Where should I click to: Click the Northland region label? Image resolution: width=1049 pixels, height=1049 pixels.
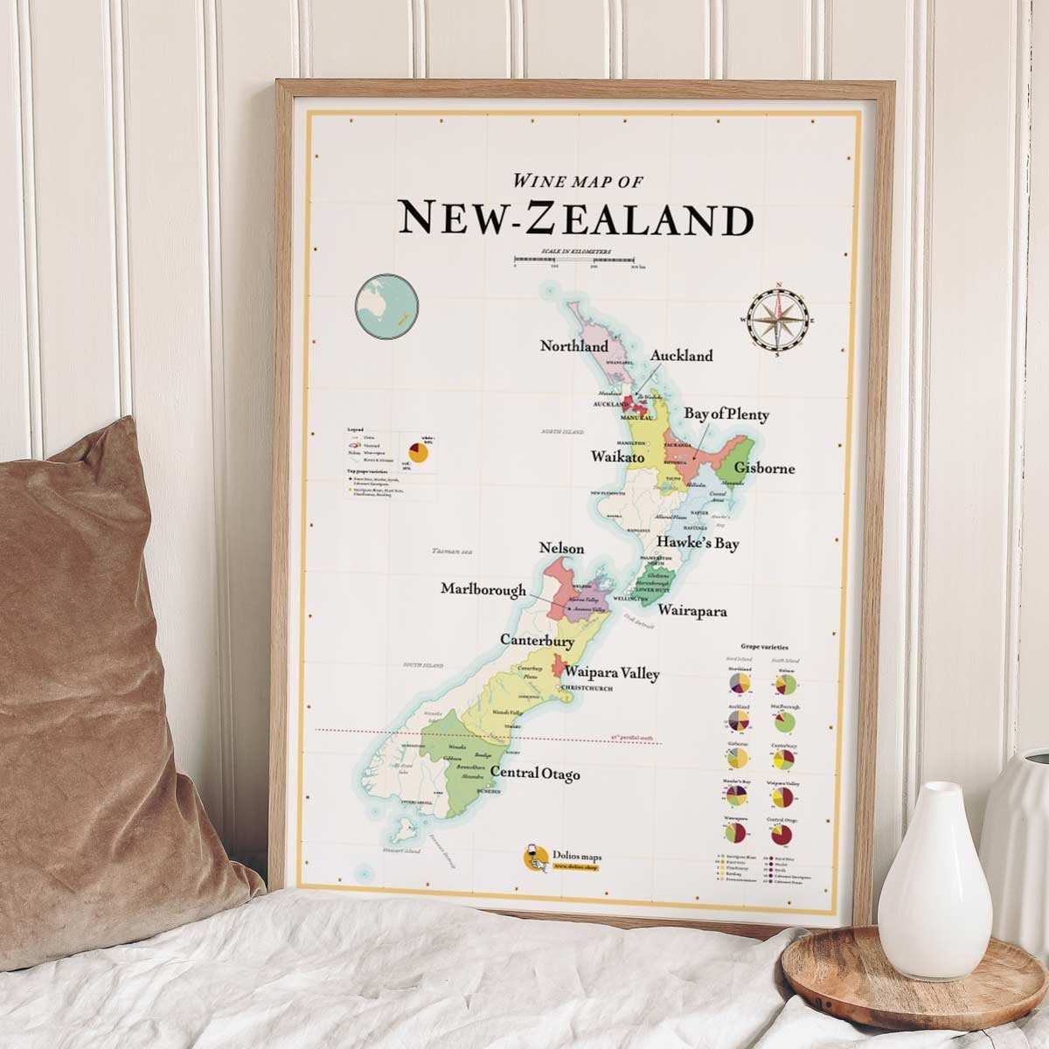[573, 346]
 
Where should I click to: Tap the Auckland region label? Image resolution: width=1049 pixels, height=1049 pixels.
[681, 356]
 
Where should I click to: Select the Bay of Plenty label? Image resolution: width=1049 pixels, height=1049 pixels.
[726, 414]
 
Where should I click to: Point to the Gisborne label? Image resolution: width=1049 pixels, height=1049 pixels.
[764, 468]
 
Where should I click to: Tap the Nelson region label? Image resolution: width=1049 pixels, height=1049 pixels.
[561, 548]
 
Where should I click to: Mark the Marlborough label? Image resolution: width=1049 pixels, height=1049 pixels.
[483, 589]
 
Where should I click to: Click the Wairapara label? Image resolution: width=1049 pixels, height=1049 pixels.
[692, 611]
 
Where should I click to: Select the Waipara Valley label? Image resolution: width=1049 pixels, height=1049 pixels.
[612, 673]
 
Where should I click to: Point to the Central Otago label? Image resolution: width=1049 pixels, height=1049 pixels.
[535, 774]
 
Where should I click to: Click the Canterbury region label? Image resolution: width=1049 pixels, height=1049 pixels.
[537, 641]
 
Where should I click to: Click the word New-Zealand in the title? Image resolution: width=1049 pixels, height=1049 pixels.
[575, 219]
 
